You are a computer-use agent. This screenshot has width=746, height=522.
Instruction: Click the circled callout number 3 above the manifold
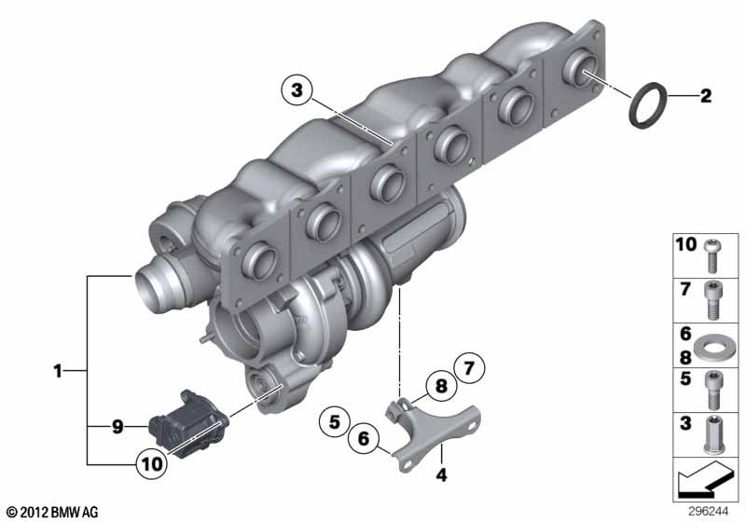click(297, 89)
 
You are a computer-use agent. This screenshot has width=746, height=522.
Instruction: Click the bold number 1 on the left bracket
click(58, 371)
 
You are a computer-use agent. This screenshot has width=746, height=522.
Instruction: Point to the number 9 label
click(117, 426)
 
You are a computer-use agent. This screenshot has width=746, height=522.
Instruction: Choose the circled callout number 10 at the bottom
click(152, 463)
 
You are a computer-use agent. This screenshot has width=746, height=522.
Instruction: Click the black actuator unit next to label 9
click(189, 423)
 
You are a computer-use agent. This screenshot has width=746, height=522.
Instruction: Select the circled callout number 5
click(335, 421)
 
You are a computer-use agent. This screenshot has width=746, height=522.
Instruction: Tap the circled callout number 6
click(364, 438)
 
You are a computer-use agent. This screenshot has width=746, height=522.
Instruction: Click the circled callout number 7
click(469, 368)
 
